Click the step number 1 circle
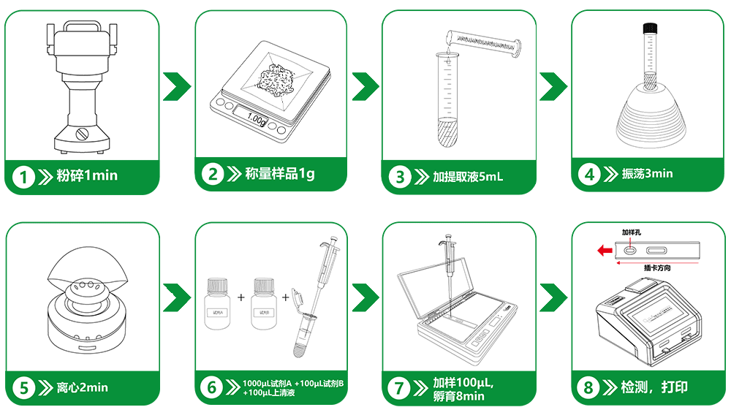click(25, 176)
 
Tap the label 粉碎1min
click(87, 176)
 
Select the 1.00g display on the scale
click(257, 117)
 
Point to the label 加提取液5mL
click(468, 177)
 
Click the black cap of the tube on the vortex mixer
click(647, 29)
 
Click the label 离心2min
click(82, 387)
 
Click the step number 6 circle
click(212, 387)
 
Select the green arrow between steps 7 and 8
click(554, 297)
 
